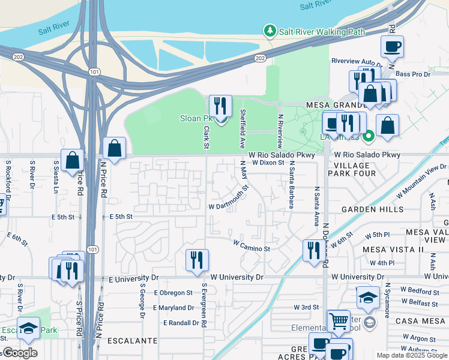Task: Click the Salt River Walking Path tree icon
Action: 270,31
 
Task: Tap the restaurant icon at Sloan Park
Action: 220,106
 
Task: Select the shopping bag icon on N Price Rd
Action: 114,148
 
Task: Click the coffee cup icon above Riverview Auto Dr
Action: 392,46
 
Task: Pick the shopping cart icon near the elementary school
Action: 339,321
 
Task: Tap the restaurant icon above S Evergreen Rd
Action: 197,260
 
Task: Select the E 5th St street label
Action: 121,217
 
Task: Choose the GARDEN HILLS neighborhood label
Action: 367,209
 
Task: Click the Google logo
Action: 20,353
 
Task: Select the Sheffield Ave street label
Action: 243,128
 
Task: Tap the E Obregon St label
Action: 173,293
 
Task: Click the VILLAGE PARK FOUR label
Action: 355,169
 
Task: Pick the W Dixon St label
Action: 267,162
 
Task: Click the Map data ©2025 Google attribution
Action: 411,355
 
